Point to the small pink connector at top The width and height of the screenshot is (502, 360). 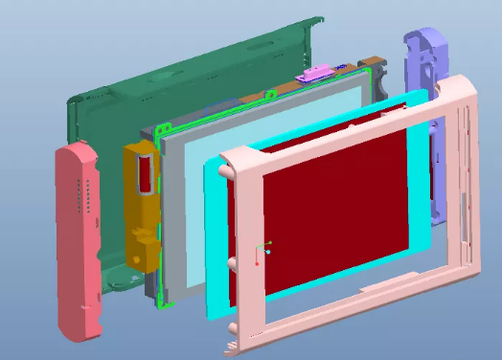(x=317, y=73)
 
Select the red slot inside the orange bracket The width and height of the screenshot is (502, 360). (x=146, y=172)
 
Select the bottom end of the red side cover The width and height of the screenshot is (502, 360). (x=80, y=326)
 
